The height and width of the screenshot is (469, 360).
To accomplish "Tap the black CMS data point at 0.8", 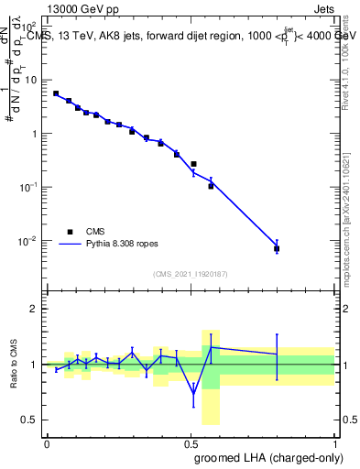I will (277, 248).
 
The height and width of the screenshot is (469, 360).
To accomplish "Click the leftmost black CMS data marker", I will (56, 93).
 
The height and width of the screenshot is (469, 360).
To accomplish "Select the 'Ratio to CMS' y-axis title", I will (14, 365).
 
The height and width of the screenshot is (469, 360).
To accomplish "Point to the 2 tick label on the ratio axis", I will (32, 309).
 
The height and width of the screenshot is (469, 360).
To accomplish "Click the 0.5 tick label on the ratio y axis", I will (28, 420).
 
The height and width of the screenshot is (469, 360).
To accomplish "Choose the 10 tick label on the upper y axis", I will (29, 80).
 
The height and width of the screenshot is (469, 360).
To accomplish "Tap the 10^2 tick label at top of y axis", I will (28, 27).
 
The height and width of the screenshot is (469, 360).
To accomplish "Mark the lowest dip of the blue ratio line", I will (193, 396).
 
